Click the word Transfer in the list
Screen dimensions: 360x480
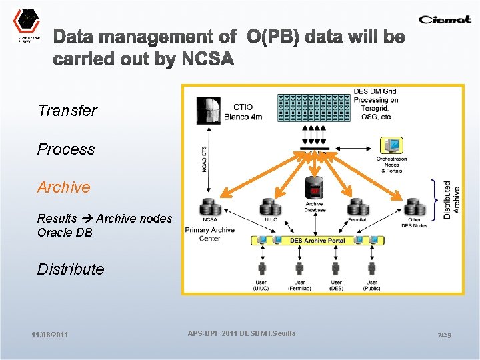(67, 111)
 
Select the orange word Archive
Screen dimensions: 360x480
(63, 187)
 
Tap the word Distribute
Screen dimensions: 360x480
(71, 269)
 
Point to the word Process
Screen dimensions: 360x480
(66, 149)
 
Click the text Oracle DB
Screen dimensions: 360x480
(65, 233)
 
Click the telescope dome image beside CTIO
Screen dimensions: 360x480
(209, 110)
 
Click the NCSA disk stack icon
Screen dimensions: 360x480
(209, 207)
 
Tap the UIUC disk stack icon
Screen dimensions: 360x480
(270, 207)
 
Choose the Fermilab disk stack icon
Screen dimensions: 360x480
(357, 207)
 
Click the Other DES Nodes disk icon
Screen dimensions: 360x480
(415, 207)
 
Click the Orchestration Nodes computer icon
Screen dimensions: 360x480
(391, 145)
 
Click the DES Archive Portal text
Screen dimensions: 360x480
(317, 240)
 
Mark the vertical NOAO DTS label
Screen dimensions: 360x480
(203, 160)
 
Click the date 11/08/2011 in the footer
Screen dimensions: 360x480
(49, 335)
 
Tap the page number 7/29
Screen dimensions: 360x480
(445, 334)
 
